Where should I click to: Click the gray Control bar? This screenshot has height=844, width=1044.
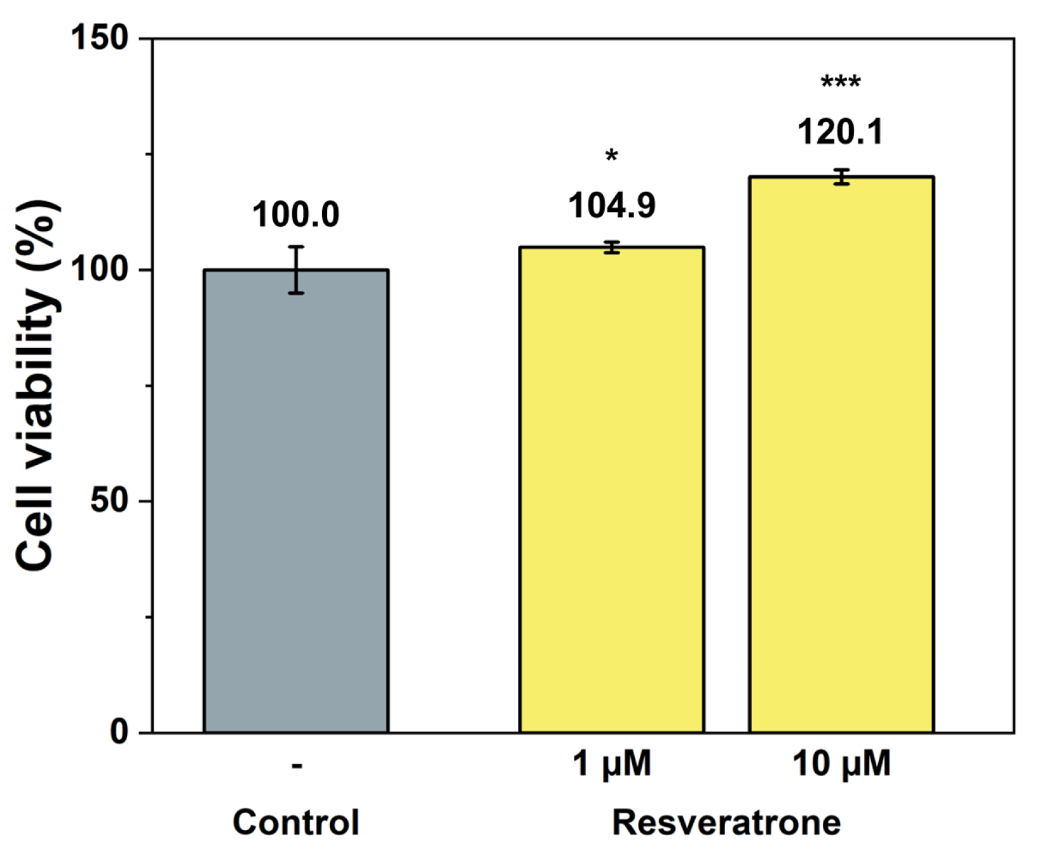296,502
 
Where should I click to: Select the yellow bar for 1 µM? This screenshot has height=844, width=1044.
611,489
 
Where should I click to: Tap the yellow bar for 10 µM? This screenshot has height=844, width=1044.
841,454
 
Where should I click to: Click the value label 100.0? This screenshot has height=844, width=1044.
296,215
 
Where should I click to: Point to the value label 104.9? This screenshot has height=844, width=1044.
611,206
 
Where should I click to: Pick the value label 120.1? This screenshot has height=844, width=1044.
841,133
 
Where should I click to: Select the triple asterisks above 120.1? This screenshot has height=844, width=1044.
841,83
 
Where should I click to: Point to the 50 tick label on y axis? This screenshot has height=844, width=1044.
109,500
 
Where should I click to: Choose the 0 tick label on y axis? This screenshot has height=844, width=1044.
119,732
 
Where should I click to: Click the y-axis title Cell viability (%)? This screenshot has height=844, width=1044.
36,385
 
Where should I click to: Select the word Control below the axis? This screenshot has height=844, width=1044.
296,822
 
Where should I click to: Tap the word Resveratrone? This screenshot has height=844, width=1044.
726,822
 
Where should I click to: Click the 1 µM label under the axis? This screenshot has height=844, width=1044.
611,763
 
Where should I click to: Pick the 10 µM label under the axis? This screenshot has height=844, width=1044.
841,763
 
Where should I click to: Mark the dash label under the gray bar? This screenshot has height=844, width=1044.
297,765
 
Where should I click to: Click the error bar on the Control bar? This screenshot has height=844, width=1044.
296,270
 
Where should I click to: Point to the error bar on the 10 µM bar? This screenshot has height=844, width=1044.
841,177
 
